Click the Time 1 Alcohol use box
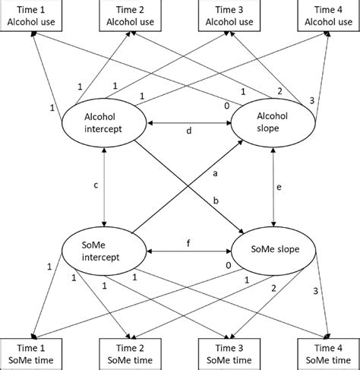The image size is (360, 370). [31, 16]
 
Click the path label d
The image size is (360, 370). [188, 131]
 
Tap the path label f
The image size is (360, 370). [188, 242]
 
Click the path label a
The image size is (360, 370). [215, 174]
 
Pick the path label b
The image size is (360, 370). [215, 199]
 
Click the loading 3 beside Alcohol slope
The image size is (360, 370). [311, 100]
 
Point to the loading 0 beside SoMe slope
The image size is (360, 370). [227, 265]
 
